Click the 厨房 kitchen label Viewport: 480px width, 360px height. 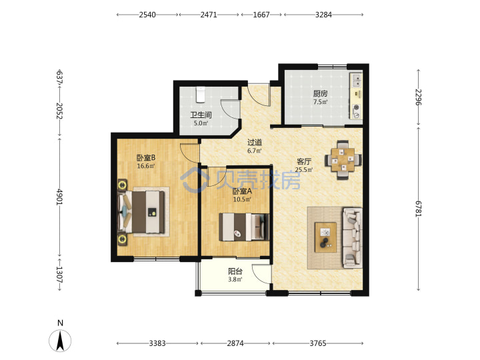coord(320,93)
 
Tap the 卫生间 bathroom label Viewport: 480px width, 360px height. coord(201,115)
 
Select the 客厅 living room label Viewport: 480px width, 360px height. coord(304,161)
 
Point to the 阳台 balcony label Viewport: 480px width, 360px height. coord(235,271)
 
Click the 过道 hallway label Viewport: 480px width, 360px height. coord(255,142)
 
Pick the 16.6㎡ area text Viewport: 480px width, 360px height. coord(146,166)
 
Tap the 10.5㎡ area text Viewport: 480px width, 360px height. coord(242,199)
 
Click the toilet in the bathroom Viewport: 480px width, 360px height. coord(201,94)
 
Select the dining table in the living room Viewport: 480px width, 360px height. coord(343,159)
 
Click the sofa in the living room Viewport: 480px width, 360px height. coord(353,238)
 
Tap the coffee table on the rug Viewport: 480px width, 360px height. coord(326,237)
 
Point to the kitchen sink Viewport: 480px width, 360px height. coord(356,80)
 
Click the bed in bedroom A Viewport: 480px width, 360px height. coord(244,227)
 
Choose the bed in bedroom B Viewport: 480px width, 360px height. coord(141,211)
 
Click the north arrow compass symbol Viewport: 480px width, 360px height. coord(60,341)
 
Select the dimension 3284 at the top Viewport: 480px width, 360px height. coord(323,15)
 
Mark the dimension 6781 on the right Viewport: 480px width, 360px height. coord(418,209)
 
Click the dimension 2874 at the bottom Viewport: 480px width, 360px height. coord(235,343)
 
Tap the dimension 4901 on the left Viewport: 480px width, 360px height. coord(59,197)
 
